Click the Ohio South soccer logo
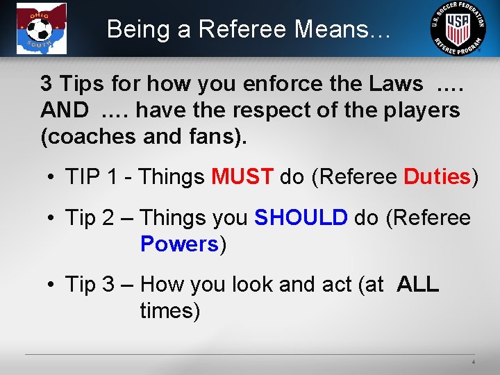tap(42, 28)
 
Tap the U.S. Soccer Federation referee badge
tap(459, 28)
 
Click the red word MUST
tap(242, 177)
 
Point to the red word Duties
tap(437, 177)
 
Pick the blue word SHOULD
tap(301, 218)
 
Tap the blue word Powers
tap(179, 244)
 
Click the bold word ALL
tap(418, 285)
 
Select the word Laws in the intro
tap(397, 84)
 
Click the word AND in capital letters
tap(65, 110)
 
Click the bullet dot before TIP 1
tap(52, 178)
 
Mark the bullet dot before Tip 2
tap(52, 219)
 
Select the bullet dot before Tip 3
tap(52, 285)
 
